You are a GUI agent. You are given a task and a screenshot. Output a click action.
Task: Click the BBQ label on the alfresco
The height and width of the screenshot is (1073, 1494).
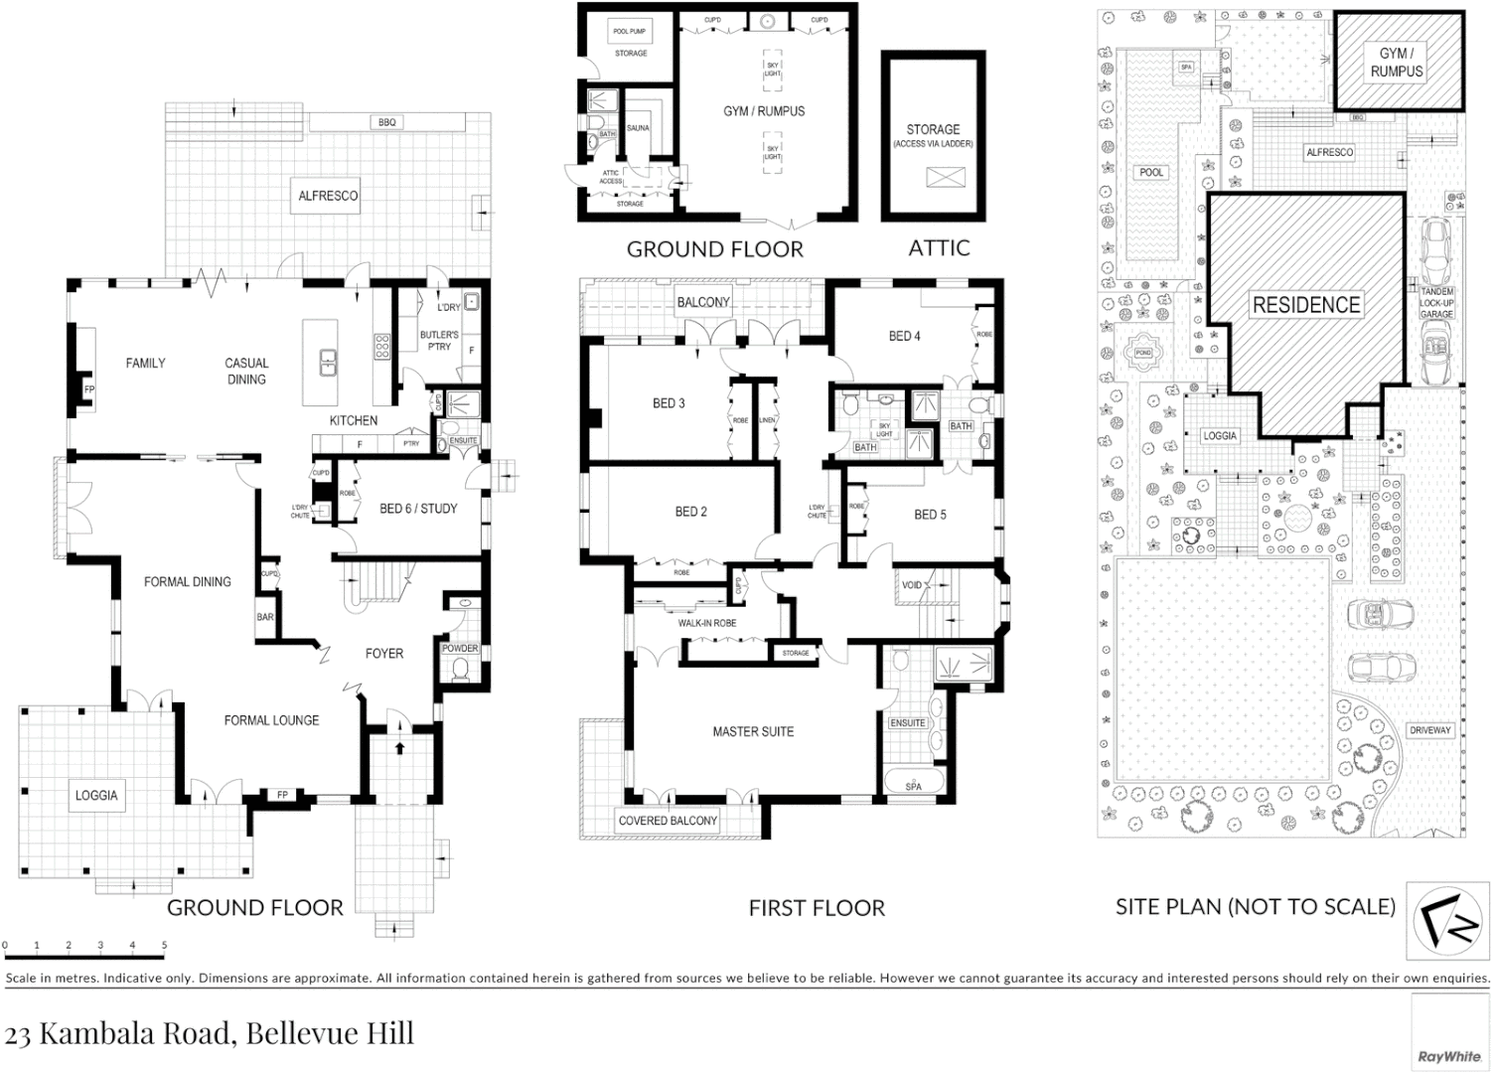(x=386, y=122)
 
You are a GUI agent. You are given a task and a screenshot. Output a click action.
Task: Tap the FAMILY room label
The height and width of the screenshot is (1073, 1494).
(x=145, y=364)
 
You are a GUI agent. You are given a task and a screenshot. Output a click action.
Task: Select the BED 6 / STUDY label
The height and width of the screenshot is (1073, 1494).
(x=418, y=509)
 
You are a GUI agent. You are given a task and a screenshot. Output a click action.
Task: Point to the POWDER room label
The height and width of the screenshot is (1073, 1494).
(x=460, y=649)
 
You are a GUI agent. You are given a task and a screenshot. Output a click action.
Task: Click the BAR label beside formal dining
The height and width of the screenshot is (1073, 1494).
(x=265, y=617)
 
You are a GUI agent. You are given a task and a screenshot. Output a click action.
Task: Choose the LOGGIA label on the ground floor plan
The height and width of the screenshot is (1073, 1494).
(x=96, y=795)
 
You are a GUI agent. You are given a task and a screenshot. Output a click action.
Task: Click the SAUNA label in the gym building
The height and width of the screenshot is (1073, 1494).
(x=637, y=128)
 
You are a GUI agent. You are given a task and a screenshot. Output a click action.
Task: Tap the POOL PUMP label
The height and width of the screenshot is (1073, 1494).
(x=629, y=32)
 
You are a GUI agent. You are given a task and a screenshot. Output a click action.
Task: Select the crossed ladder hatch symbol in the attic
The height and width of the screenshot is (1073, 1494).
(x=938, y=178)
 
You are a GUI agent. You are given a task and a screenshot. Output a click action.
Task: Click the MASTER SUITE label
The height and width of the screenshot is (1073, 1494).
(x=753, y=732)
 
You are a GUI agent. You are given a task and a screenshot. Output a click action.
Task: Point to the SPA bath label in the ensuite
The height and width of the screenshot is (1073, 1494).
(x=913, y=787)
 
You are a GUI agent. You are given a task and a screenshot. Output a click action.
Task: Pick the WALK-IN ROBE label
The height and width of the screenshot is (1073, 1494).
(x=707, y=624)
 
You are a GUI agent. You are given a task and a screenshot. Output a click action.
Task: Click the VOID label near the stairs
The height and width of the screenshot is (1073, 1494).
(x=912, y=585)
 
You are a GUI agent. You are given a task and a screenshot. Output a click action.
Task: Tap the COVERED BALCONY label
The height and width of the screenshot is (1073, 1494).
(x=668, y=821)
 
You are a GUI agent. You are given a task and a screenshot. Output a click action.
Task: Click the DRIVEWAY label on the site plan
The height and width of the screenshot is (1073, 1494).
(x=1429, y=730)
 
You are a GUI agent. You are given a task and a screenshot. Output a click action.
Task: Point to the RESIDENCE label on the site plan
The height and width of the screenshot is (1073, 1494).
(x=1305, y=305)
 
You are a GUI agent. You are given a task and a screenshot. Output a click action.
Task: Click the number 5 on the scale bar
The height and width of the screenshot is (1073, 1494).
(x=164, y=946)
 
